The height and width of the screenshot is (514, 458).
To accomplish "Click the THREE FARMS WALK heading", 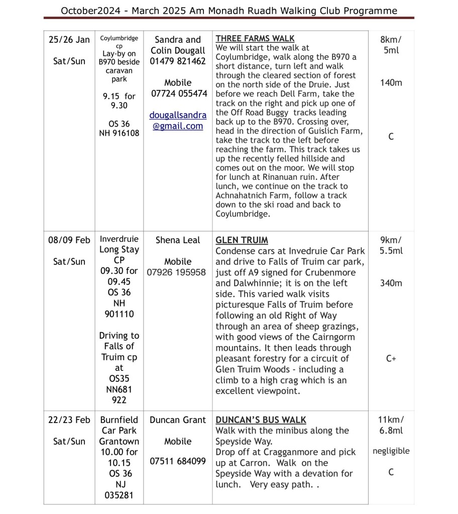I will (x=255, y=39).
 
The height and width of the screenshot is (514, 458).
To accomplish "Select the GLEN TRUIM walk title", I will (x=242, y=240).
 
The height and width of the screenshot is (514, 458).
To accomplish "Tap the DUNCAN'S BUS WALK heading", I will (x=261, y=420).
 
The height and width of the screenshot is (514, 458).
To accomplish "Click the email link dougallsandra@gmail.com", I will (x=178, y=121).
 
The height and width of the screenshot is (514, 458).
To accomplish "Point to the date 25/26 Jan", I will (x=69, y=40).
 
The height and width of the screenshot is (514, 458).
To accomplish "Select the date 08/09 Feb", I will (x=69, y=240).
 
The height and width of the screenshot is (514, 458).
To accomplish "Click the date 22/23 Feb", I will (x=69, y=420).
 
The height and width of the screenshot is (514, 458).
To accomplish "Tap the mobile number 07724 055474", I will (x=179, y=93).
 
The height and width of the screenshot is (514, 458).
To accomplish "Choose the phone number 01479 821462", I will (x=178, y=61).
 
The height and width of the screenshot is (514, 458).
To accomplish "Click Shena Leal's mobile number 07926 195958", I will (x=176, y=272).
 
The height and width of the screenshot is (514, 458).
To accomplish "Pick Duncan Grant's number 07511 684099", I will (x=178, y=461).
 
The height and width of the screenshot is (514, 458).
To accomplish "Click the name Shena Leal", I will (x=178, y=240).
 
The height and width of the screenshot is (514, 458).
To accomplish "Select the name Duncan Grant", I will (x=178, y=420).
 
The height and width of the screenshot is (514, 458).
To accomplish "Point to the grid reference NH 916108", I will (x=119, y=134).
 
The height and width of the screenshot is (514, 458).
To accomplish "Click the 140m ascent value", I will (x=391, y=83).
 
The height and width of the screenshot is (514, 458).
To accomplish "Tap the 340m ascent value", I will (x=391, y=283).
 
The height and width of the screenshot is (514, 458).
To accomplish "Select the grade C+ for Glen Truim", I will (x=391, y=359).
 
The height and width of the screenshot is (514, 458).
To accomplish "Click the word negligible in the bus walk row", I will (x=391, y=451).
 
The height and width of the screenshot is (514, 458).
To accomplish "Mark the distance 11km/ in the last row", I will (x=391, y=420).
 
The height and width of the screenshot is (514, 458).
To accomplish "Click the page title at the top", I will (x=229, y=11).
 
